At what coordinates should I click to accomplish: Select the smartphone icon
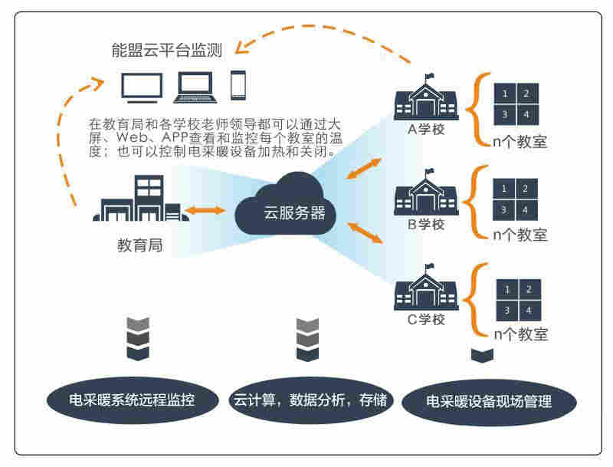(238, 86)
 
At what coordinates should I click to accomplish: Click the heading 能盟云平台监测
(166, 51)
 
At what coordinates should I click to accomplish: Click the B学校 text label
(425, 225)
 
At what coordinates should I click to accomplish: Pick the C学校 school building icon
(425, 290)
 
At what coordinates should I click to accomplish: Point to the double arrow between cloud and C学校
(366, 233)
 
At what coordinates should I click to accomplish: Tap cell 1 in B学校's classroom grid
(504, 189)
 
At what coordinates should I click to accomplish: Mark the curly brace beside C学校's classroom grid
(480, 299)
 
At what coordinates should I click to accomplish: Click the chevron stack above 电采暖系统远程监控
(138, 337)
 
